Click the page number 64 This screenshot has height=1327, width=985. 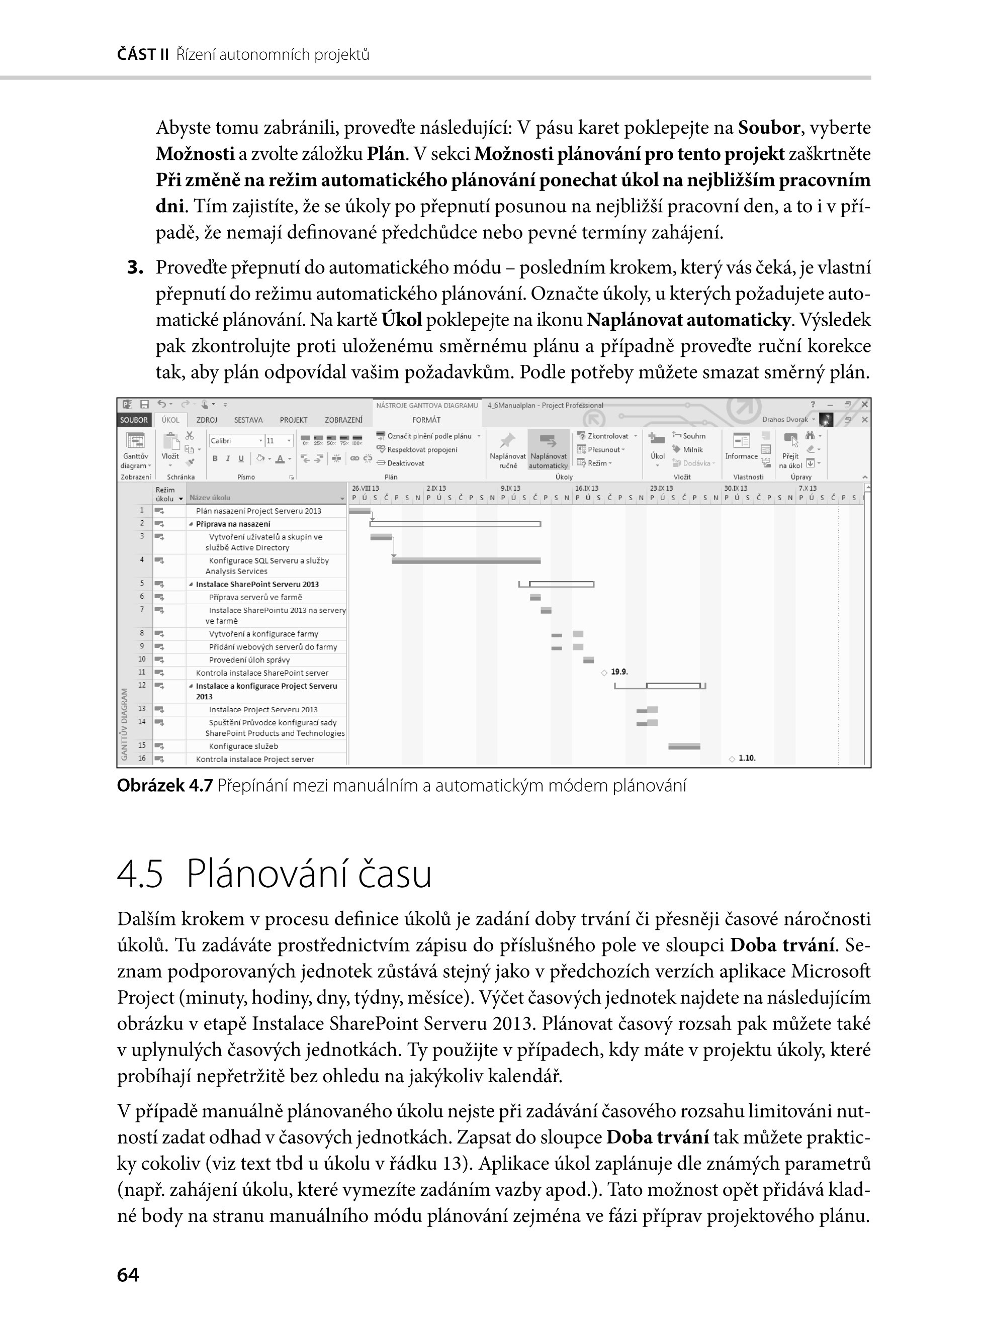[x=128, y=1275]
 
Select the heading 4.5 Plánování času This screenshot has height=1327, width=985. [x=274, y=875]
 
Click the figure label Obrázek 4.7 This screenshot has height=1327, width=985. [x=164, y=786]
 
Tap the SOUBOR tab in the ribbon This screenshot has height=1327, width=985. [x=134, y=420]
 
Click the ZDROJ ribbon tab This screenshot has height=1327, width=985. [x=206, y=420]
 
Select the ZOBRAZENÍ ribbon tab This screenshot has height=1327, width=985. [x=343, y=420]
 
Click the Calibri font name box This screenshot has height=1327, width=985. [x=234, y=440]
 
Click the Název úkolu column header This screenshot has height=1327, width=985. [x=209, y=497]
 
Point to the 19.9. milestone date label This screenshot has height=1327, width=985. [x=619, y=672]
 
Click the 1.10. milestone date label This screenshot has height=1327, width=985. [x=747, y=759]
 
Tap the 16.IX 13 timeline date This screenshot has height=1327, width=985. [x=587, y=488]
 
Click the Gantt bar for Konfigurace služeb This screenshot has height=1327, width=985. [x=684, y=746]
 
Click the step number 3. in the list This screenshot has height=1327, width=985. [x=135, y=268]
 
